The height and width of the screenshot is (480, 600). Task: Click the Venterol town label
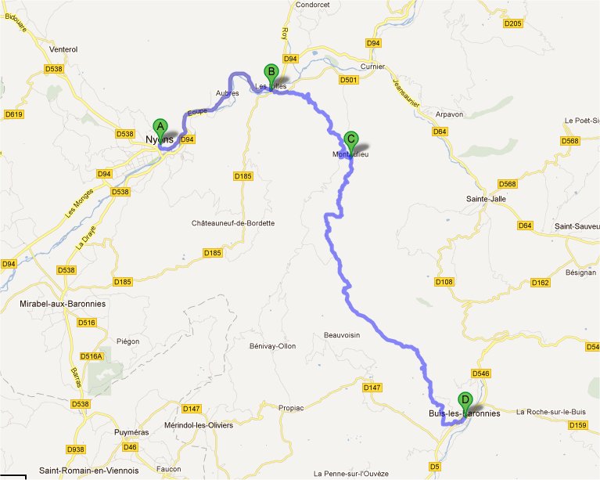(63, 49)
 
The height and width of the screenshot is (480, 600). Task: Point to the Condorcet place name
(313, 4)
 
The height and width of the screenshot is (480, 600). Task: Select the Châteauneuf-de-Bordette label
(233, 223)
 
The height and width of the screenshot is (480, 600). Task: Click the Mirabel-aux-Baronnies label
(62, 303)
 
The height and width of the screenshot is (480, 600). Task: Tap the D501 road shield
(349, 80)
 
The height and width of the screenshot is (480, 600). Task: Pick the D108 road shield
(444, 281)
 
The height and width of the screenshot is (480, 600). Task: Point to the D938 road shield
(77, 449)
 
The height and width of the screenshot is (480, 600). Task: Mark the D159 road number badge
(577, 425)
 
